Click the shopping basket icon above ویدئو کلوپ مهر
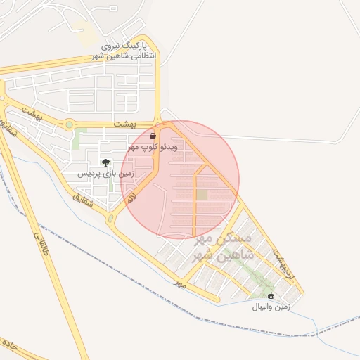pos(154,136)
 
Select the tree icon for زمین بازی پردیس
pos(105,162)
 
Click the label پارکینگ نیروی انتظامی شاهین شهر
pos(126,51)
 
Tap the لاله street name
pos(132,199)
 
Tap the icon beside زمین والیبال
pos(271,296)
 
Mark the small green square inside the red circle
pos(202,194)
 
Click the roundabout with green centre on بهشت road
pos(69,125)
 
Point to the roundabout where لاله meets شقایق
pos(112,219)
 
